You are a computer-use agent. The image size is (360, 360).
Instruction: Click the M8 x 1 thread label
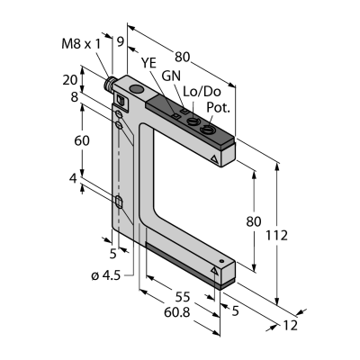coord(81,44)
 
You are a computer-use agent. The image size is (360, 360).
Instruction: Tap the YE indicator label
coord(148,63)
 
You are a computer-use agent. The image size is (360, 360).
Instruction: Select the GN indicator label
coord(171,76)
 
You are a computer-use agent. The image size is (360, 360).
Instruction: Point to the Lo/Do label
coord(202,92)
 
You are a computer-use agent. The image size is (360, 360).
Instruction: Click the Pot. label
coord(218,108)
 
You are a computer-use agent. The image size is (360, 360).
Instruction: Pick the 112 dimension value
coord(276,236)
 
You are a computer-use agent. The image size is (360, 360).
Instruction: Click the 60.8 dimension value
coord(177,312)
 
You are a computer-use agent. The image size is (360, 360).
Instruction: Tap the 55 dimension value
coord(183,297)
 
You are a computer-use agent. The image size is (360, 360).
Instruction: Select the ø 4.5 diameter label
coord(105,275)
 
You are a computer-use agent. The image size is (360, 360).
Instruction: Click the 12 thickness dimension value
coord(290,326)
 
